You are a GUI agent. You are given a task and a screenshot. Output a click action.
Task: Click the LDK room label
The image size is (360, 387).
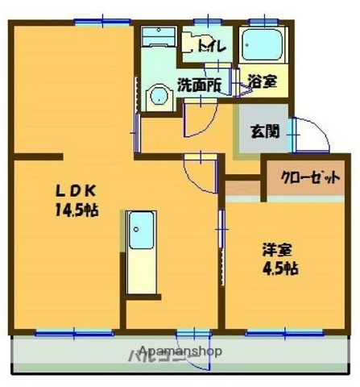tap(76, 192)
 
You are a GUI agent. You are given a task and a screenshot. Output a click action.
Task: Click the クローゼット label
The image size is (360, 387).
tap(310, 178)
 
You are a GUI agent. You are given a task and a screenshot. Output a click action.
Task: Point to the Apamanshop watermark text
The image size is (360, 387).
tap(181, 351)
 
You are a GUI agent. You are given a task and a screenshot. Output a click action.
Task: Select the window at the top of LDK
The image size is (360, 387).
tap(101, 23)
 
